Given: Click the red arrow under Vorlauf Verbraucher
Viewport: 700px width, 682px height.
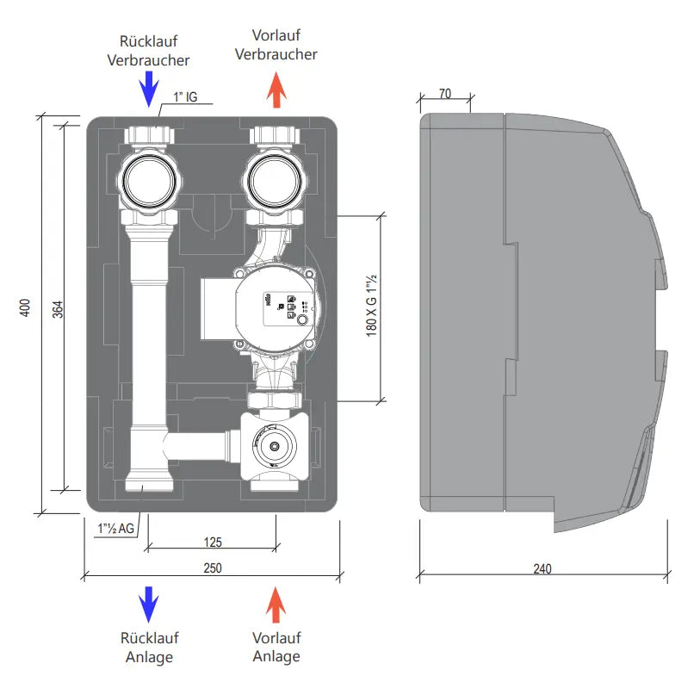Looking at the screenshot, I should [276, 90].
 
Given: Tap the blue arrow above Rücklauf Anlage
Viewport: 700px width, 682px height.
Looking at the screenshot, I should [149, 604].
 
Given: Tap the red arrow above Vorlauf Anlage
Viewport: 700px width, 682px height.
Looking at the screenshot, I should [276, 604].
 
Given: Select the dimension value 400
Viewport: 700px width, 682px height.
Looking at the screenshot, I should [26, 309].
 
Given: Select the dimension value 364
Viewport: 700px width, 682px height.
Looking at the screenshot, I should [58, 309].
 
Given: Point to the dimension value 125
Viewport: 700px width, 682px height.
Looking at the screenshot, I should [212, 542].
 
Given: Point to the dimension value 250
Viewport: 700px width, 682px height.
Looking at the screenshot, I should [212, 568].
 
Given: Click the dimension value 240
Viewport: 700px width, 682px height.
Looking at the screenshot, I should [542, 569].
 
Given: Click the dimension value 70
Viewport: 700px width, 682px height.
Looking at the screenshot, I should [445, 93].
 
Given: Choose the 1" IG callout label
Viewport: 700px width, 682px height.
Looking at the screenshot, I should [185, 97].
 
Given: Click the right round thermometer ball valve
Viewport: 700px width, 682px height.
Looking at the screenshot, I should [274, 178].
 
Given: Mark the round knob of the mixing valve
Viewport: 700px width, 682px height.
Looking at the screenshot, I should [275, 448].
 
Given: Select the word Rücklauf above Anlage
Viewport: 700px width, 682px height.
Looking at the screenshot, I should [149, 639].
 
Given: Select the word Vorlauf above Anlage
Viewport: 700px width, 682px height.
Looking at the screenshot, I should [276, 639].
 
